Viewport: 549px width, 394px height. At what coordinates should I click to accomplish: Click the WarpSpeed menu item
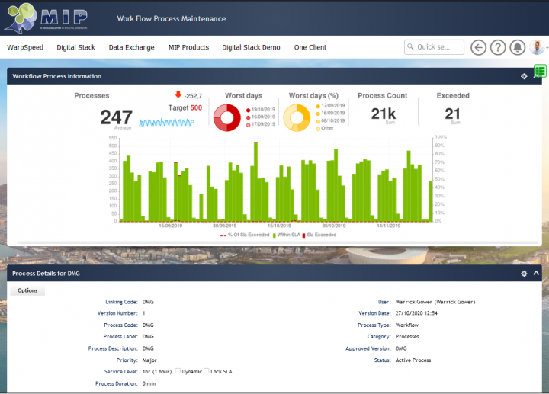25,47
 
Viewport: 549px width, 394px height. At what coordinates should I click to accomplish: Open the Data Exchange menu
131,47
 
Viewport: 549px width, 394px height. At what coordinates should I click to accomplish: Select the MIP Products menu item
188,47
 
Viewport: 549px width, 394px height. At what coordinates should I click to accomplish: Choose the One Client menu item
310,47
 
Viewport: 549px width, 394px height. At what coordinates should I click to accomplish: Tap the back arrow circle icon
479,47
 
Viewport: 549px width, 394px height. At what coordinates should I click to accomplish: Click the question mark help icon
498,47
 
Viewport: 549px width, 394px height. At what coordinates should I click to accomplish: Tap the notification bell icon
518,47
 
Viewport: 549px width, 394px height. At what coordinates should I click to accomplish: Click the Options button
27,290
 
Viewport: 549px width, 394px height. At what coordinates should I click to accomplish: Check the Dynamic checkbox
178,371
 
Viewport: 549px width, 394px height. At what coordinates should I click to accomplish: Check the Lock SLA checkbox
207,371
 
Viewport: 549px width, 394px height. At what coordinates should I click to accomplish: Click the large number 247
116,117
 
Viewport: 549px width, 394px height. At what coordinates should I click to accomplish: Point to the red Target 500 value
196,108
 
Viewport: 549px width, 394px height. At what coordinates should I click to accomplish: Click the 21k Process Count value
382,114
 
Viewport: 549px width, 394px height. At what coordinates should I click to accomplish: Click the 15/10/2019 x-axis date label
279,226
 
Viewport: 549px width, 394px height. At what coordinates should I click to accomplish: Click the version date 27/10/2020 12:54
417,313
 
